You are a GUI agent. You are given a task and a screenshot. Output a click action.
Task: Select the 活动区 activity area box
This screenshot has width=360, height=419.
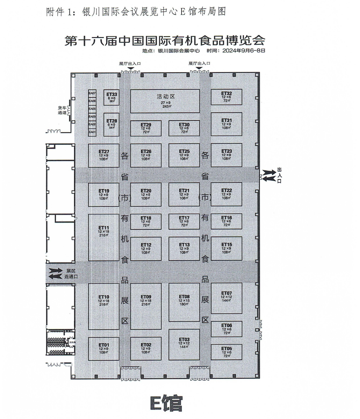point(165,101)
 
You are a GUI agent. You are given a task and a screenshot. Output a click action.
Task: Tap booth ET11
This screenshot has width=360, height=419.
point(104,237)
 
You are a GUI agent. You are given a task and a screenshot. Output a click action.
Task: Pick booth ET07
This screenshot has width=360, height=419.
point(226,298)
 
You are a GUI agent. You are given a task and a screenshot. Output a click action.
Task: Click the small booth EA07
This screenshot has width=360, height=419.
point(92,93)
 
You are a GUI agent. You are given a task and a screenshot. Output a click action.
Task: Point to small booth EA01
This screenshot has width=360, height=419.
point(92,132)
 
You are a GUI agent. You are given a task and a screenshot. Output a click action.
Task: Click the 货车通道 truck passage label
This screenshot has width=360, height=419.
point(62,110)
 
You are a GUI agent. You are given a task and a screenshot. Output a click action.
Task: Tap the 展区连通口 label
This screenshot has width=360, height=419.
point(71,274)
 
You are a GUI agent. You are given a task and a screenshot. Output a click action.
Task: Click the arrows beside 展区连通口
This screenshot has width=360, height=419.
point(55,274)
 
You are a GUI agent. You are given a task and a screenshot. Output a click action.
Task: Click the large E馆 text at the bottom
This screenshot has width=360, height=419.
point(166,403)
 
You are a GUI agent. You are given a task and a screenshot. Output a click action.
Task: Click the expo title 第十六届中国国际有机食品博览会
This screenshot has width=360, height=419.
point(165,40)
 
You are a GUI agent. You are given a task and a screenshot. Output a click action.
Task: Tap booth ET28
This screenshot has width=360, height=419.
point(112,124)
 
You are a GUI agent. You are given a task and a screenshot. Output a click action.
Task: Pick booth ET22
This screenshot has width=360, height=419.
point(226,194)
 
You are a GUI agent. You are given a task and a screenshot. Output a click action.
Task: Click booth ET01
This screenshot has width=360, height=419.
point(104,349)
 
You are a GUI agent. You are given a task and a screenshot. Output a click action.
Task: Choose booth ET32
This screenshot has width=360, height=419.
point(226,97)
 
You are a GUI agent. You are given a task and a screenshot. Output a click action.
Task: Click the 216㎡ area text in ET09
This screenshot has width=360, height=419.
point(146,305)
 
